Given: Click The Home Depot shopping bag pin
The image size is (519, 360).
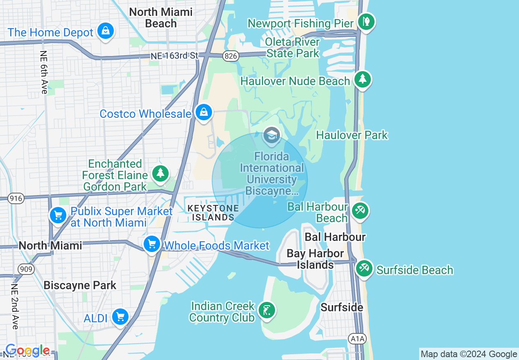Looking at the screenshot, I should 106,31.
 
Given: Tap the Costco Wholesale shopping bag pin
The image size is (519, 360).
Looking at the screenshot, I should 203,112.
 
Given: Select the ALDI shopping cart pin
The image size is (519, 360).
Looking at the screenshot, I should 120,317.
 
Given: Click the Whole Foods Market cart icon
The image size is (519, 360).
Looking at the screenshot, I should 152,244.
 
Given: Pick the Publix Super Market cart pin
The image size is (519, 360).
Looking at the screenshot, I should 58,215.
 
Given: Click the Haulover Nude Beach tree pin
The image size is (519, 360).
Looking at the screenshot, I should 362,79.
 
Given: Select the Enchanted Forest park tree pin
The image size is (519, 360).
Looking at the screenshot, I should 160,173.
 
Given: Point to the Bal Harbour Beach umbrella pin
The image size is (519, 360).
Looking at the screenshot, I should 360,211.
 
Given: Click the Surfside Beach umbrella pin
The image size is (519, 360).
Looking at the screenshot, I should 363,268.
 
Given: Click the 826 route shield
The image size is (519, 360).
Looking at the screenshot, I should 231,56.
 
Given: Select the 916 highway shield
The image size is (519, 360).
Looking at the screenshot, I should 16,198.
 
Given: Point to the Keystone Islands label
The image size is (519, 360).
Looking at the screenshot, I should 213,213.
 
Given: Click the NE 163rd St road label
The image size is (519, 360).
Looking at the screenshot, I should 174,56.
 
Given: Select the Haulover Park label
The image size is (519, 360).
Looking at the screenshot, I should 352,135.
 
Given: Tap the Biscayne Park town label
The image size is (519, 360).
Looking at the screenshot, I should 80,285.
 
